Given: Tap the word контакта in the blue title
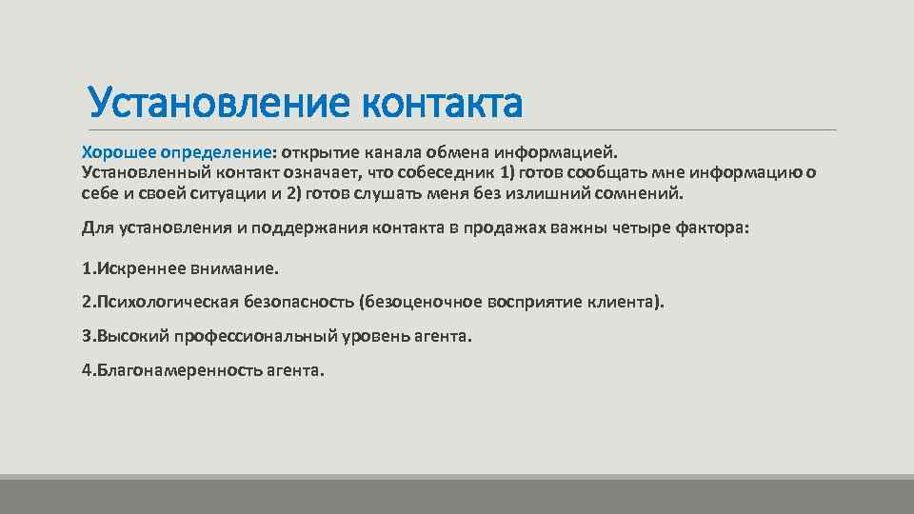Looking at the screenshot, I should pos(442,103).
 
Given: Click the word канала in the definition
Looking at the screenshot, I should pos(381,152).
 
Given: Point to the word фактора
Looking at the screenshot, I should pos(712,228).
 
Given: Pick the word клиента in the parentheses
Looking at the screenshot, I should pos(626,302).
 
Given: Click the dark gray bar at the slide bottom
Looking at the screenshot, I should pos(457,496).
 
